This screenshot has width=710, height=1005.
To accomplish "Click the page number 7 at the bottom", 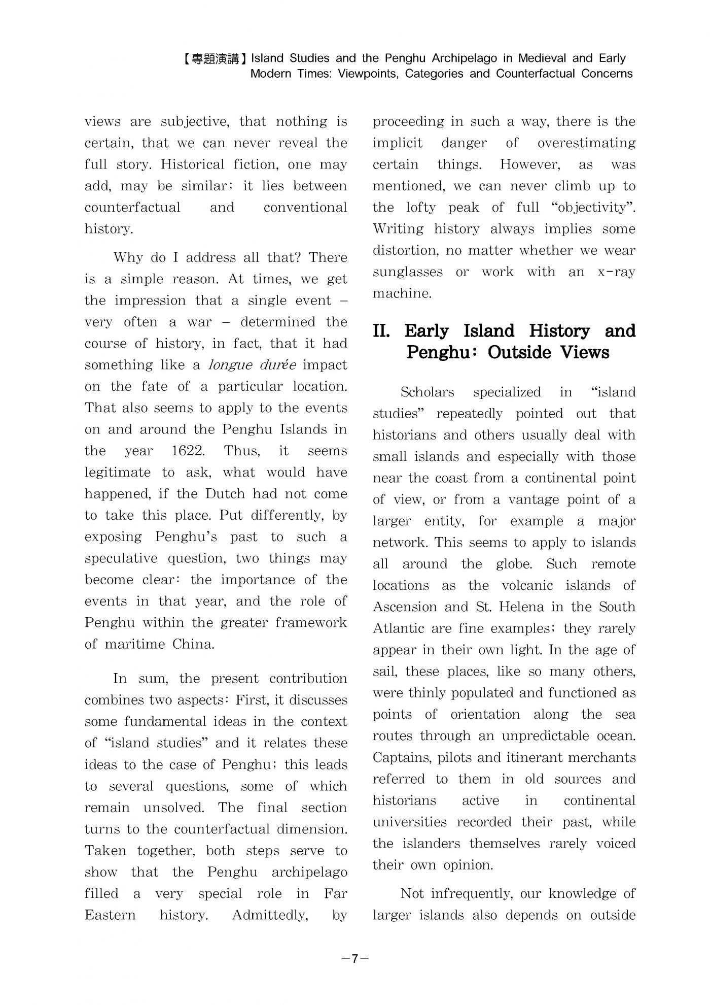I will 354,958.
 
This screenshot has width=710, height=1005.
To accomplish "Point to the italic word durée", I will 277,365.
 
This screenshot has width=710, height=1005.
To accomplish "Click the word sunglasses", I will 407,272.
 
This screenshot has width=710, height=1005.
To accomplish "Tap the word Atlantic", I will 398,628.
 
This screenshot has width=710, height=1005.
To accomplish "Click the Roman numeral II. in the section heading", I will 381,331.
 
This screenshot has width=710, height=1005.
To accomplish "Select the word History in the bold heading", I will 559,331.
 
